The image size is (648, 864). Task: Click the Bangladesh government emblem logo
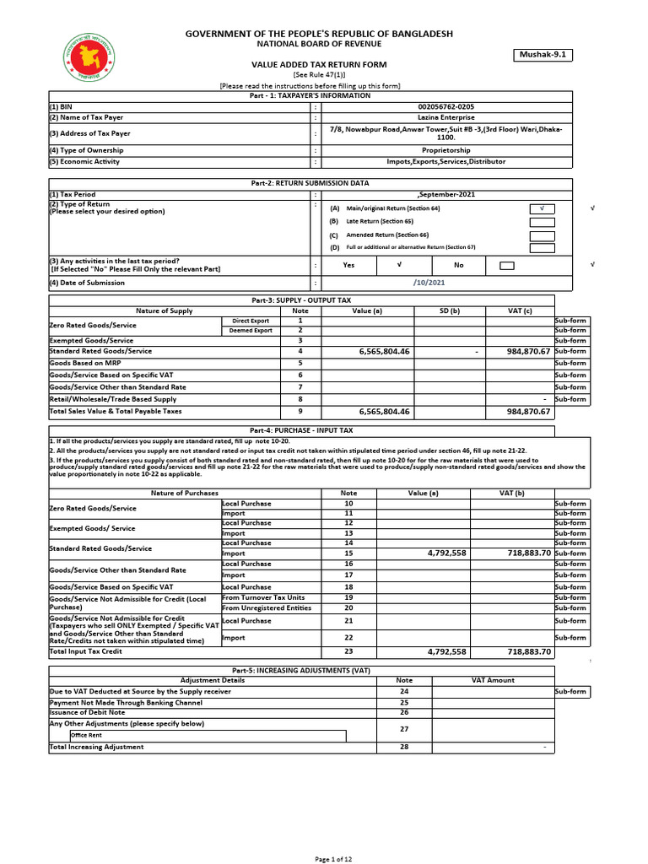(x=88, y=57)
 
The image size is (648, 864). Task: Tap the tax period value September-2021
(x=445, y=194)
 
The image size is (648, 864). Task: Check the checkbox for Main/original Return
(x=542, y=208)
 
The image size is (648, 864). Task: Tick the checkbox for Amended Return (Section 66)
(x=542, y=235)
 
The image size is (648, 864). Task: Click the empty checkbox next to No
(x=507, y=265)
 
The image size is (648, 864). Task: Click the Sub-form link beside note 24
(x=570, y=691)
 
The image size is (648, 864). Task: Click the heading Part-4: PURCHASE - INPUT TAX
(x=301, y=430)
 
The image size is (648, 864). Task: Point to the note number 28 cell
(x=404, y=747)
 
